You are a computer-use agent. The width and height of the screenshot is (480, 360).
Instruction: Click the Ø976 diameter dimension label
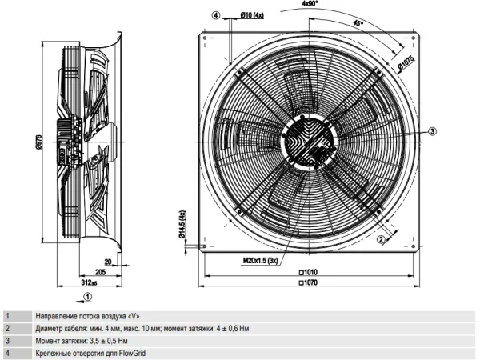point(39,142)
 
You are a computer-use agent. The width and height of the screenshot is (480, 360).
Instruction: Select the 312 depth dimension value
point(89,282)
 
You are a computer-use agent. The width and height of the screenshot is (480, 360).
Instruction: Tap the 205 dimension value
point(101,271)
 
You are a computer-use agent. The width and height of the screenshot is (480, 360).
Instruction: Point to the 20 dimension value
point(108,262)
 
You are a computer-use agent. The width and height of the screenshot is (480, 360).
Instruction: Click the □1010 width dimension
point(308,272)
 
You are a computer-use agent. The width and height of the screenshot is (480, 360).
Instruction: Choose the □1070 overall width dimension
point(308,282)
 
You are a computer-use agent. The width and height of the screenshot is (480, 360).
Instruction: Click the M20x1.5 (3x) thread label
point(261,261)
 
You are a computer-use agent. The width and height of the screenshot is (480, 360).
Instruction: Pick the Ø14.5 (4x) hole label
point(182,224)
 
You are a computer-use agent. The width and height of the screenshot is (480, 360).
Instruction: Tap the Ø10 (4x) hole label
point(252,15)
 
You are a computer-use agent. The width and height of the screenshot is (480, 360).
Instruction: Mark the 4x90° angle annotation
point(310,3)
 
